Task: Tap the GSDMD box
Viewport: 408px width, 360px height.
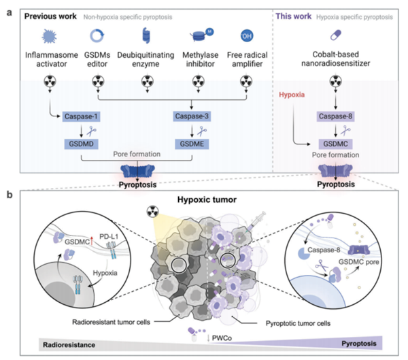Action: (82, 144)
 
